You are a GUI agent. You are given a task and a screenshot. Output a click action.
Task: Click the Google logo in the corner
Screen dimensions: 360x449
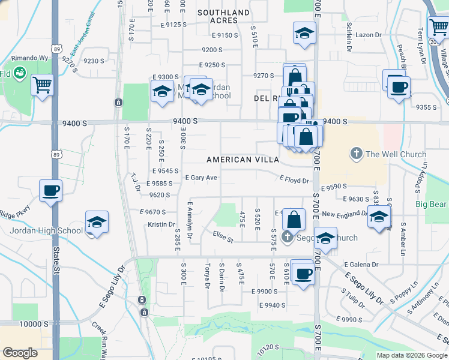pyautogui.click(x=20, y=353)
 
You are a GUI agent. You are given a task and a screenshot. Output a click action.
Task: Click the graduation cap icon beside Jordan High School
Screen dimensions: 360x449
pyautogui.click(x=97, y=223)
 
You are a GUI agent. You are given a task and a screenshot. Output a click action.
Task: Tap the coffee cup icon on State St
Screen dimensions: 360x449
pyautogui.click(x=50, y=191)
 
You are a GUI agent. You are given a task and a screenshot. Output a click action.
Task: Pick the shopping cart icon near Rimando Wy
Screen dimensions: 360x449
pyautogui.click(x=42, y=86)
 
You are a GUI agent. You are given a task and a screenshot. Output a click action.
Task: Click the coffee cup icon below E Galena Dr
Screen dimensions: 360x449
pyautogui.click(x=304, y=274)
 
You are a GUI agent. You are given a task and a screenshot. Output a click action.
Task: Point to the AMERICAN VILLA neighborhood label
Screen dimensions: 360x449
pyautogui.click(x=243, y=160)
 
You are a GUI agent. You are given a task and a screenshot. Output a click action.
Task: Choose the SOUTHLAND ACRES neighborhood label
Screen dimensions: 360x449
pyautogui.click(x=223, y=16)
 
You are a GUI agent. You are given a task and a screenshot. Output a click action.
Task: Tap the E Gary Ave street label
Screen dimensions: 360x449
pyautogui.click(x=201, y=178)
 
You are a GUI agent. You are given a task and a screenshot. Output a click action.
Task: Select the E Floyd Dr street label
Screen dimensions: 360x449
pyautogui.click(x=294, y=179)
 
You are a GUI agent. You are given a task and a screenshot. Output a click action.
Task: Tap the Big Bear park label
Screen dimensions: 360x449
pyautogui.click(x=431, y=204)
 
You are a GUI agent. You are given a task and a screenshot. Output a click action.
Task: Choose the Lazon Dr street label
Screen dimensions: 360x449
pyautogui.click(x=368, y=35)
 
